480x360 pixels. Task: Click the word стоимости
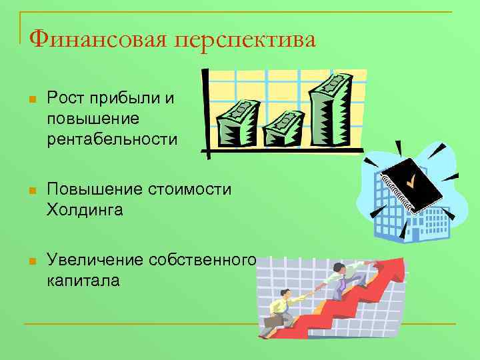[x=191, y=189]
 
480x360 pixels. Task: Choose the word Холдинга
[x=85, y=210]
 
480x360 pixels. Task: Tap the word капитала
[x=83, y=280]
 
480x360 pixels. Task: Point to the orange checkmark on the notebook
[x=413, y=179]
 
